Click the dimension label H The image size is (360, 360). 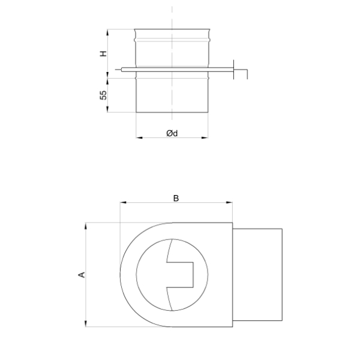(x=104, y=53)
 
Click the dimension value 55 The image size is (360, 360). (x=104, y=95)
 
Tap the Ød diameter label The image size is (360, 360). (x=172, y=133)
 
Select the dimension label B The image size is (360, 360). (x=176, y=198)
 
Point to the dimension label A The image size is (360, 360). (x=82, y=275)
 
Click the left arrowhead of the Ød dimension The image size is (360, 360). (x=139, y=138)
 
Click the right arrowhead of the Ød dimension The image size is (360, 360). (x=205, y=138)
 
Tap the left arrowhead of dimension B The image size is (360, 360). (x=123, y=203)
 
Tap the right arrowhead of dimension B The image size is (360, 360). (x=229, y=203)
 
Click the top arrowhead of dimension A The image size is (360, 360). (x=86, y=226)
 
